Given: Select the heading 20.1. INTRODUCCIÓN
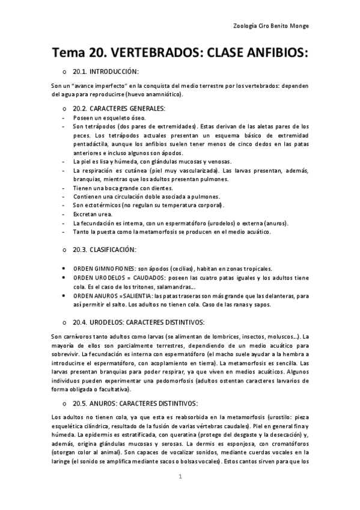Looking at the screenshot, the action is tap(106, 72).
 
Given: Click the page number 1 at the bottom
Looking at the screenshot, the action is tap(180, 477).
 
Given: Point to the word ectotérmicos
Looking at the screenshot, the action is tap(100, 204).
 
